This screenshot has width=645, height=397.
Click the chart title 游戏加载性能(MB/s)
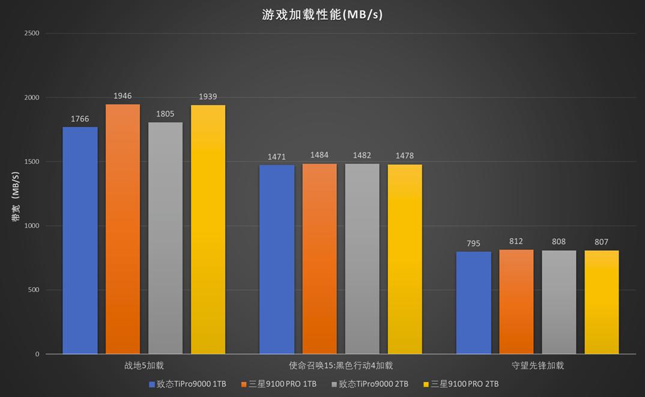[322, 14]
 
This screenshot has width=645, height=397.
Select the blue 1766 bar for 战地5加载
[80, 240]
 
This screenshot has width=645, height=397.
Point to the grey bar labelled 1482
[362, 258]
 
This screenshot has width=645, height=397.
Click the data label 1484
[319, 155]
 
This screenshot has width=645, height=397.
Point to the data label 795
[473, 243]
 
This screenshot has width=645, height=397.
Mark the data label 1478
[405, 156]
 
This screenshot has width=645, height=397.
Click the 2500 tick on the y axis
[32, 33]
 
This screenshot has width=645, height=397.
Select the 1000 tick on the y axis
[32, 226]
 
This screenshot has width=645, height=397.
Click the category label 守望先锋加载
[537, 365]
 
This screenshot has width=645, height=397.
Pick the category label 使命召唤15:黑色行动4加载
[341, 365]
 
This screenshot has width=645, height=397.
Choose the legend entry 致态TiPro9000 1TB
[188, 384]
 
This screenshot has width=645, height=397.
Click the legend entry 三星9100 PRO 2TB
[460, 384]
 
